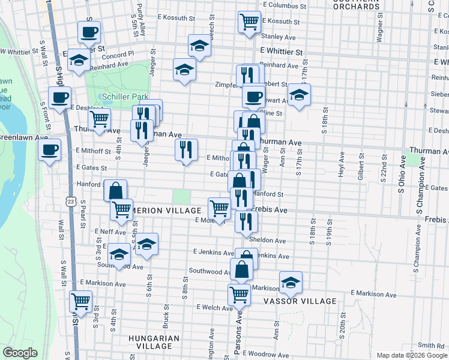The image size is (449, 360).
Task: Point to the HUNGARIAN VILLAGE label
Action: click(x=154, y=342)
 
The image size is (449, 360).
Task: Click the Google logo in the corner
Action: click(x=20, y=353)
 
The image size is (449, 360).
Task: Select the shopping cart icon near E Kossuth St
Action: click(x=249, y=22)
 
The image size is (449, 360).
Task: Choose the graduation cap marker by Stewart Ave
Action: click(x=299, y=94)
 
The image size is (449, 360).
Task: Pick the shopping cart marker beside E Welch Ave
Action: click(x=240, y=295)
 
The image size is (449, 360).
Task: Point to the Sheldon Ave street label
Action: click(x=268, y=240)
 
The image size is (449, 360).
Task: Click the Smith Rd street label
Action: click(x=431, y=345)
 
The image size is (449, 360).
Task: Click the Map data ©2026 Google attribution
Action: click(x=411, y=355)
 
